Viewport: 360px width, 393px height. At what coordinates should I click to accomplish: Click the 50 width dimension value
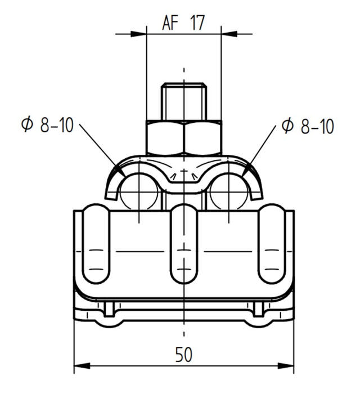[x=183, y=355]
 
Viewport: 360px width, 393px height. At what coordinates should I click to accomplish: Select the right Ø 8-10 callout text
[x=308, y=126]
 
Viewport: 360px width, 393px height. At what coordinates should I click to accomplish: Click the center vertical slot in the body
[x=183, y=245]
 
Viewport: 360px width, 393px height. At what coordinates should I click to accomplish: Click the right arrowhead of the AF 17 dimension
[x=228, y=34]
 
